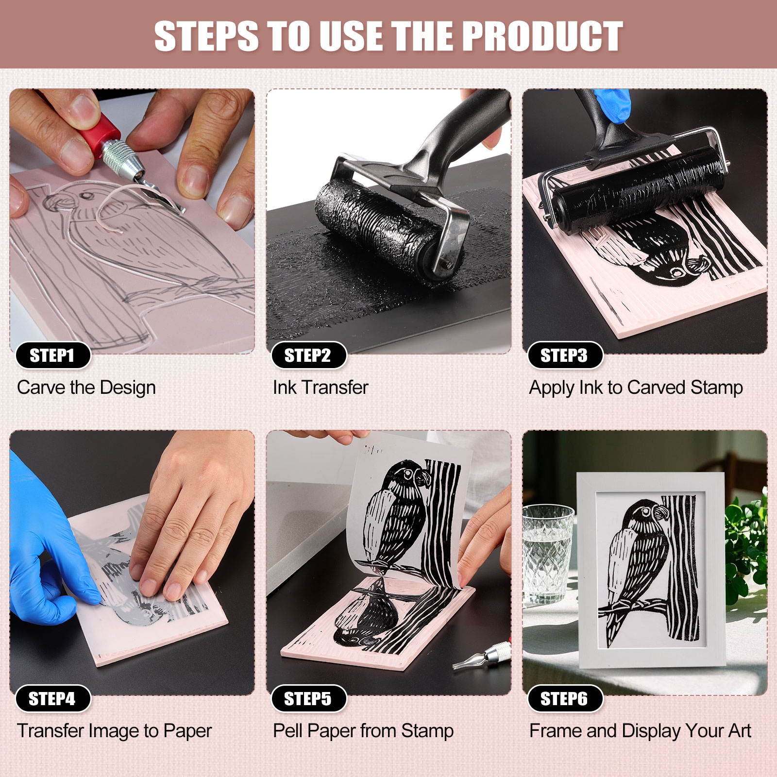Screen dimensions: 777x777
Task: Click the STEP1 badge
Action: (52, 355)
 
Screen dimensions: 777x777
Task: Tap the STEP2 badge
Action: (308, 355)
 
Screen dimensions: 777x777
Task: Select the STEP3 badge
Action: (564, 355)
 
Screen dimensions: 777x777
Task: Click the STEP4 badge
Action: (52, 699)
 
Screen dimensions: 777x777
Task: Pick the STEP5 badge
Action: (308, 699)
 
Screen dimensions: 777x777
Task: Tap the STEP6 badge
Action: (564, 699)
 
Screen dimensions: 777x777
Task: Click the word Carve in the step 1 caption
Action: (41, 388)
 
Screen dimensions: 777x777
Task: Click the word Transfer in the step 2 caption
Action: (335, 388)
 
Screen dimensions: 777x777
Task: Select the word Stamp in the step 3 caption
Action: (716, 388)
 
